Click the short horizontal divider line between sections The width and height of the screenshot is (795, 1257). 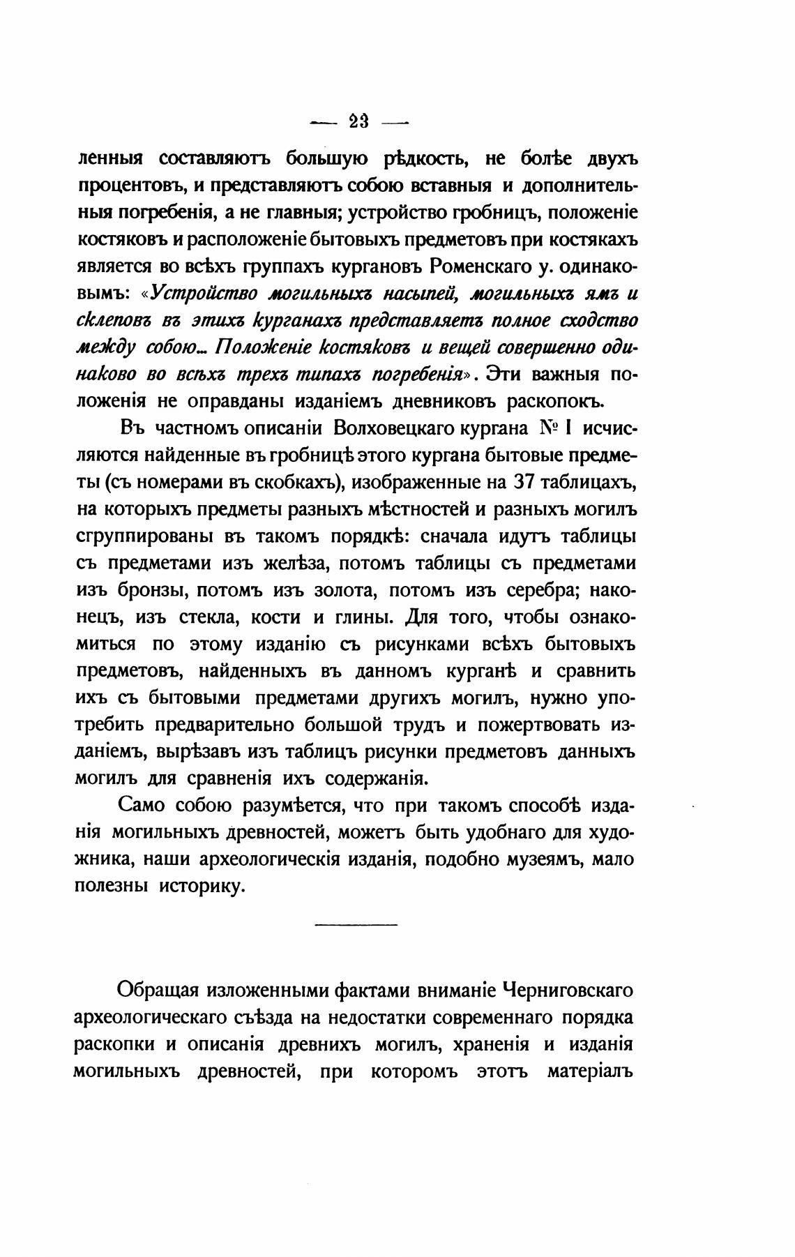pos(356,925)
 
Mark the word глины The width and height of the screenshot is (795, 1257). pos(364,617)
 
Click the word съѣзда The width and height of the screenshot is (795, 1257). pos(255,1017)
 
